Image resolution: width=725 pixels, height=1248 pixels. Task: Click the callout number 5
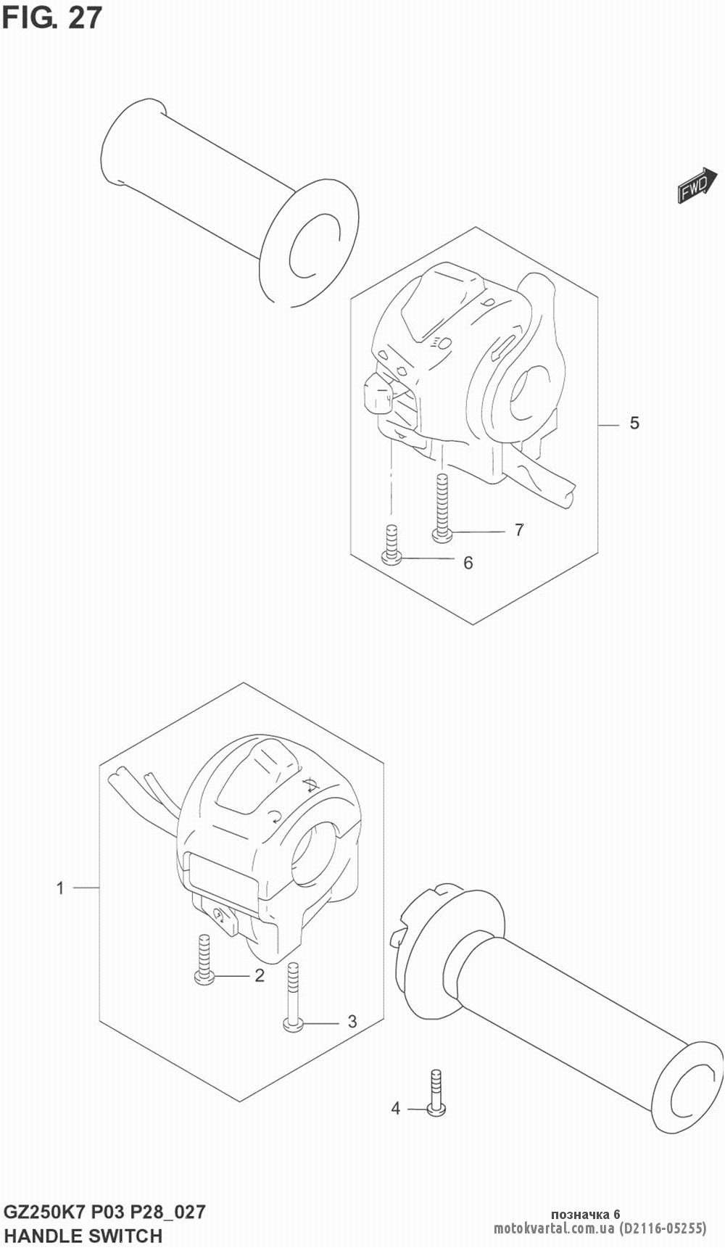click(x=634, y=423)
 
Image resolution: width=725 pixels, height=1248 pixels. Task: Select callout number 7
click(x=519, y=530)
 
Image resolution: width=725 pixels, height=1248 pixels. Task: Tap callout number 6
click(x=468, y=562)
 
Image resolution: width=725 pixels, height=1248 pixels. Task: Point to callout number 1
click(x=61, y=888)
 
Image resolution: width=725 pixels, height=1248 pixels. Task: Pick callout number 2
click(x=259, y=975)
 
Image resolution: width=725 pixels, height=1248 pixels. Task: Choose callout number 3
click(x=352, y=1022)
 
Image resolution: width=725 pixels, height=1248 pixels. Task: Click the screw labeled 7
click(x=442, y=508)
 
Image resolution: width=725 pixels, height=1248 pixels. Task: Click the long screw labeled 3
click(x=293, y=995)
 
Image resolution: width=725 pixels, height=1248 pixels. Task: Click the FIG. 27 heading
click(x=52, y=19)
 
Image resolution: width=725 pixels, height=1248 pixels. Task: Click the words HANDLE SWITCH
click(x=83, y=1235)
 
